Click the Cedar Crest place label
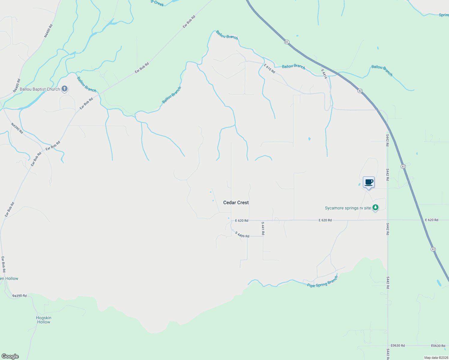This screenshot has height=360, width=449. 236,202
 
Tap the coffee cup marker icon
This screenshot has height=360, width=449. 369,182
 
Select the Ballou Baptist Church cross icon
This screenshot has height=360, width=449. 64,89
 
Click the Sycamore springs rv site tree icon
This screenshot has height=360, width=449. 375,208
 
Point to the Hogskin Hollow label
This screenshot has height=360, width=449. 44,320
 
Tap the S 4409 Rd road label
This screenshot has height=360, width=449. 242,235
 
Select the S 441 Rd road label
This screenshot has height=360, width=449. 263,228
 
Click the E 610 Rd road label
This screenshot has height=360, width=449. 270,68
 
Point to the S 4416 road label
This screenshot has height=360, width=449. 324,74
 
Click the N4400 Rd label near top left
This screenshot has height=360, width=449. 48,31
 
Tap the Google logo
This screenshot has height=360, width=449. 10,356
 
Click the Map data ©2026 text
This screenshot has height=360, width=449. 436,358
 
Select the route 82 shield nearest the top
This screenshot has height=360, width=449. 287,42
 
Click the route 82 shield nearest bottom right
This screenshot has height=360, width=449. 433,249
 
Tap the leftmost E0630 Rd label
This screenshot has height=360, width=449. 398,346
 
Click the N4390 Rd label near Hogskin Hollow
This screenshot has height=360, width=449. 20,296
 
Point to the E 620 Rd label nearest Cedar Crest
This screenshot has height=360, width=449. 242,220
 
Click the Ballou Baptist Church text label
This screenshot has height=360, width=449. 40,89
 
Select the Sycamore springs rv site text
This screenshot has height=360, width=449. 348,208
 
